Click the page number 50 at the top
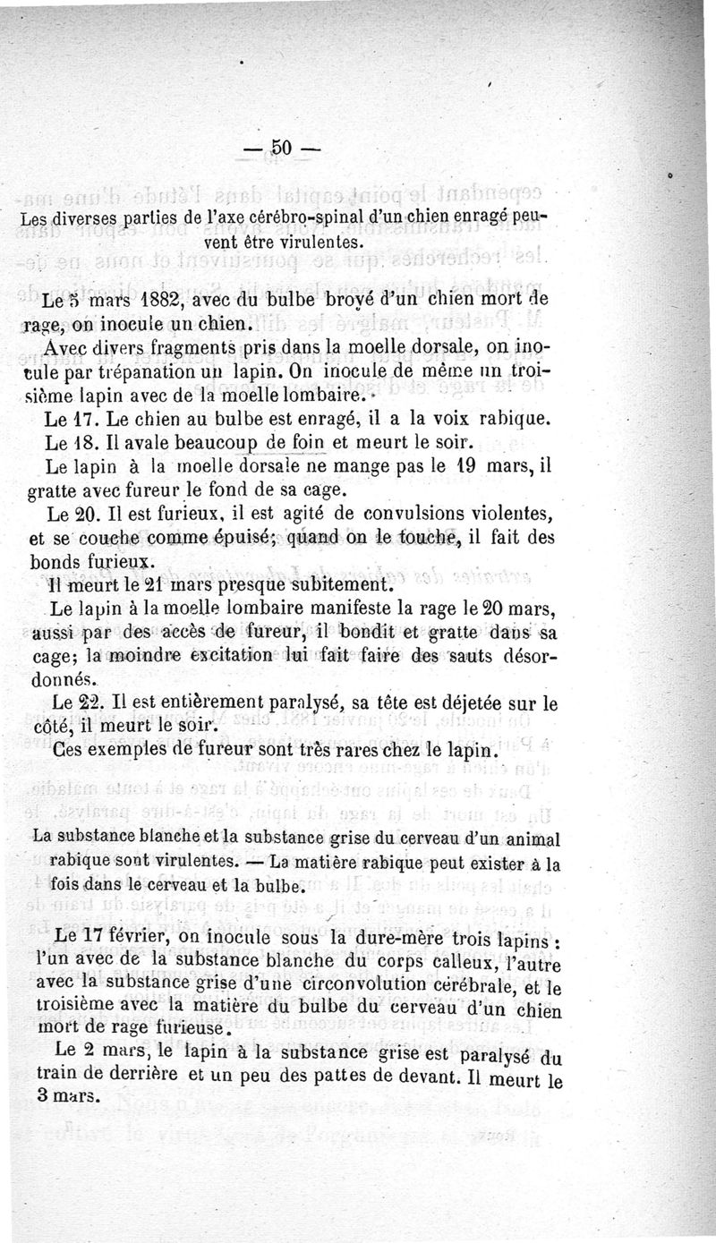coord(281,149)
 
